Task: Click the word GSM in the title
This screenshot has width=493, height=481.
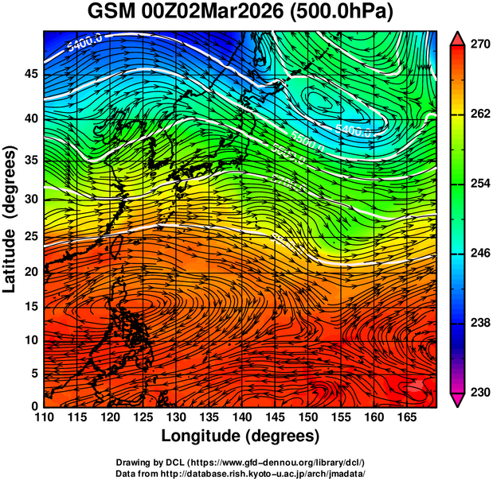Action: pyautogui.click(x=112, y=13)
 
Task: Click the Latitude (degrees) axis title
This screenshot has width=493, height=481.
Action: pyautogui.click(x=10, y=219)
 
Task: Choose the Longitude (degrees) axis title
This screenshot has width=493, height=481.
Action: pyautogui.click(x=241, y=436)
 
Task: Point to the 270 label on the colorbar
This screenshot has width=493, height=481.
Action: pyautogui.click(x=477, y=46)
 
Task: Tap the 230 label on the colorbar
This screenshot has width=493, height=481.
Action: pyautogui.click(x=477, y=392)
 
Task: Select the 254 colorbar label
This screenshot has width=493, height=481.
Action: pyautogui.click(x=477, y=184)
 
